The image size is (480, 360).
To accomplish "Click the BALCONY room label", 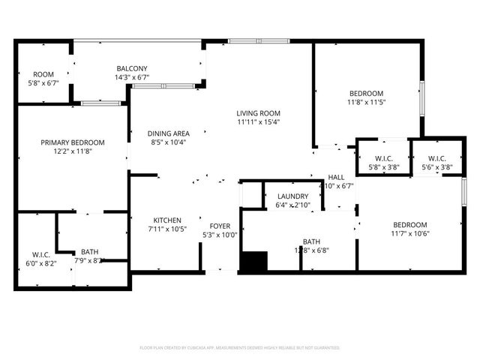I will pyautogui.click(x=131, y=67).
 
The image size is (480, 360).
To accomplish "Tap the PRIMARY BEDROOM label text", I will pyautogui.click(x=73, y=142).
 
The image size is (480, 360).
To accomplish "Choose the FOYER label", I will pyautogui.click(x=220, y=226).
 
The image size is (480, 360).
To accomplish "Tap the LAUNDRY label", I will pyautogui.click(x=292, y=196).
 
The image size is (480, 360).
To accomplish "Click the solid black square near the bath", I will pyautogui.click(x=253, y=262).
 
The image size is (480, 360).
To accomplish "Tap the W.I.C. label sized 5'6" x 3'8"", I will pyautogui.click(x=436, y=158).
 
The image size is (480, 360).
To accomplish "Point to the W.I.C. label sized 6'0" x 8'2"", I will pyautogui.click(x=40, y=253).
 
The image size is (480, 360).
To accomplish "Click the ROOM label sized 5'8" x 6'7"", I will pyautogui.click(x=42, y=73).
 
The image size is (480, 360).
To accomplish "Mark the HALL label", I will pyautogui.click(x=336, y=177).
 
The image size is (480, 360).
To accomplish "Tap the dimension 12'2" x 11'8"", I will pyautogui.click(x=73, y=151).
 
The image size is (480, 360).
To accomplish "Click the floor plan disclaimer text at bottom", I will pyautogui.click(x=240, y=348).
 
